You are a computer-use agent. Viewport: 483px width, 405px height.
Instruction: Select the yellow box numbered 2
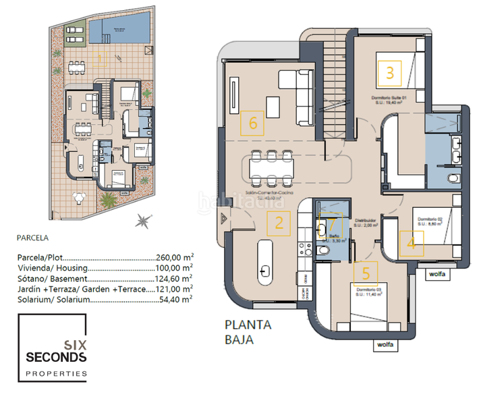pos(279,223)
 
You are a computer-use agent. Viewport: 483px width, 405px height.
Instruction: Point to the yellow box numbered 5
pos(366,273)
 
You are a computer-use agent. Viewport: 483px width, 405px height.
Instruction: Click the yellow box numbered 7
pos(331,225)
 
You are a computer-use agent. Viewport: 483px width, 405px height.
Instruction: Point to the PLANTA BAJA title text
pos(248,332)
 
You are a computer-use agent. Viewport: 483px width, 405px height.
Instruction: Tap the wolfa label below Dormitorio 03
pos(385,345)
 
